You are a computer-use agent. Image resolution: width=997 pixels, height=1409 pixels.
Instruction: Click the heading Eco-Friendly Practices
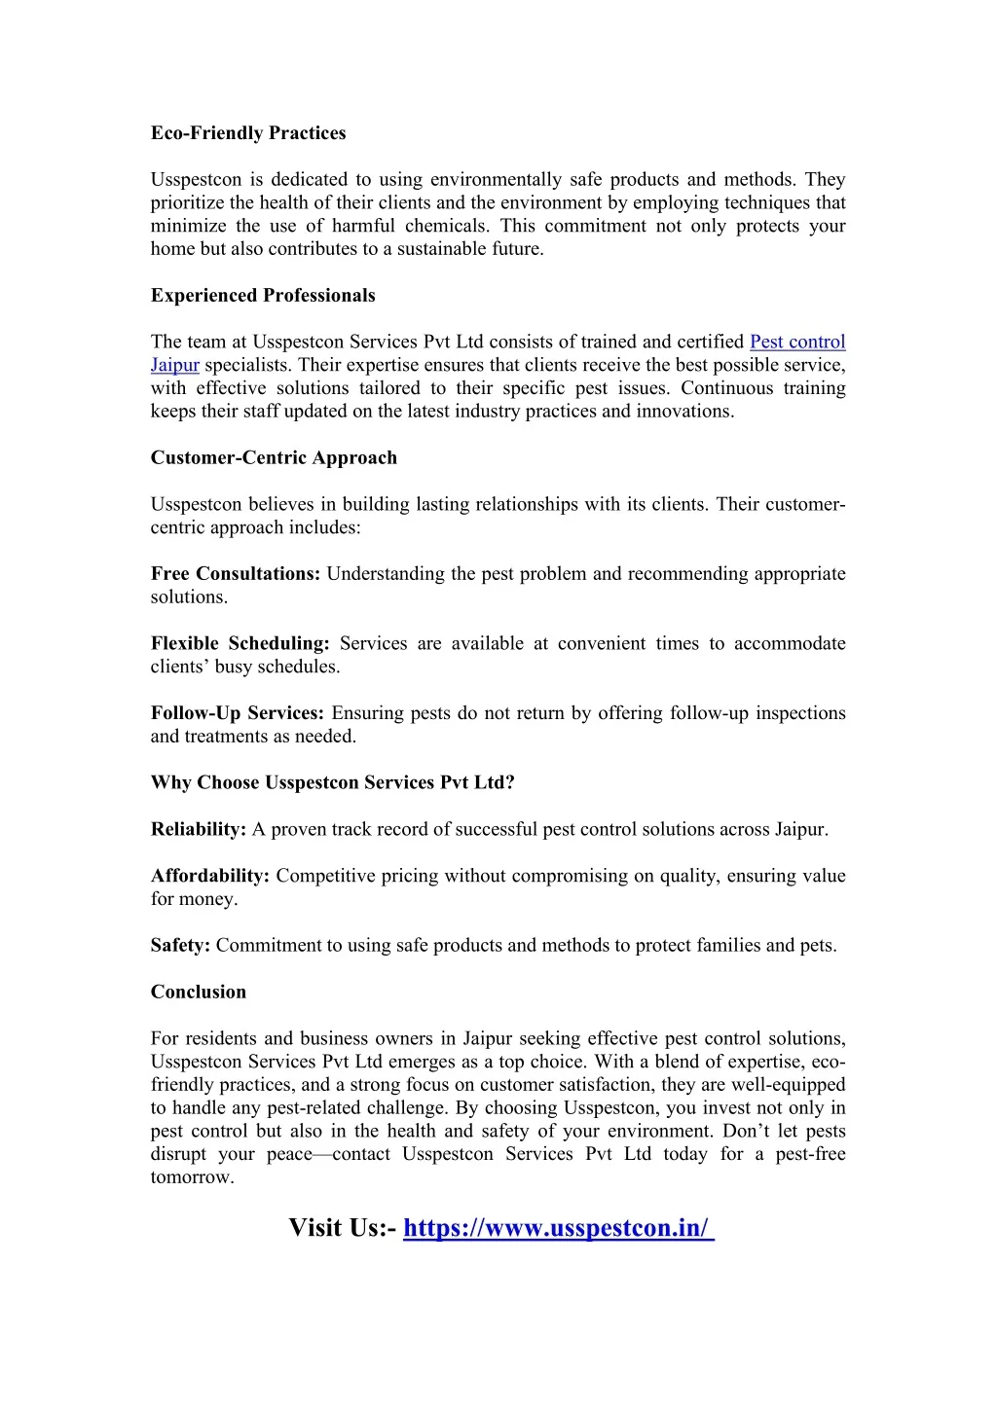(248, 133)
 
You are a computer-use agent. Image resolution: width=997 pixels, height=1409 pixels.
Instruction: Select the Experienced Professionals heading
(263, 296)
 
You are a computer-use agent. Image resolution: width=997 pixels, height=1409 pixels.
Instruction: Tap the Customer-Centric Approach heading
(274, 458)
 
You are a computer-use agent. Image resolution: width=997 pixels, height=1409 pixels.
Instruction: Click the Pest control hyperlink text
(797, 343)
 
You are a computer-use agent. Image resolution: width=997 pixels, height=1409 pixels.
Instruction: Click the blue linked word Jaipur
(175, 366)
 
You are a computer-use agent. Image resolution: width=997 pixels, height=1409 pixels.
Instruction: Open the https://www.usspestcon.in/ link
(558, 1228)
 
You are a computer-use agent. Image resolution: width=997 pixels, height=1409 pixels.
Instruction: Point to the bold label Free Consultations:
(236, 574)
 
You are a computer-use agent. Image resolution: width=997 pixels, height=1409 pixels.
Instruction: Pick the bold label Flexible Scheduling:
(240, 644)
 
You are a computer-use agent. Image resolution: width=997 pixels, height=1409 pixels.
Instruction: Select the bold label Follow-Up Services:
(238, 713)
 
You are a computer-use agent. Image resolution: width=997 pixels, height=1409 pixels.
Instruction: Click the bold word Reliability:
(199, 830)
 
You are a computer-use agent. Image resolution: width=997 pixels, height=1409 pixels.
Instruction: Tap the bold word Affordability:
(210, 876)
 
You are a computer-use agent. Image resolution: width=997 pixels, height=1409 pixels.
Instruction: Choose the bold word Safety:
(180, 946)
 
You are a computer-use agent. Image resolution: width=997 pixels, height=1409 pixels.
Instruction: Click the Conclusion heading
(199, 993)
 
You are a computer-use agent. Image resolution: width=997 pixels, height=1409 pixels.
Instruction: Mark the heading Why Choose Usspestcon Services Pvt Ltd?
(333, 783)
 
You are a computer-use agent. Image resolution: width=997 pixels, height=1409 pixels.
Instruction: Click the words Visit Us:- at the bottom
(342, 1228)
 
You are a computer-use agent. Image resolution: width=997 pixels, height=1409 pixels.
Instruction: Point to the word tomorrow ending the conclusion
(191, 1177)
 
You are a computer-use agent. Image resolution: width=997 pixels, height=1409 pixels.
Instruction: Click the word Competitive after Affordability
(325, 876)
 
